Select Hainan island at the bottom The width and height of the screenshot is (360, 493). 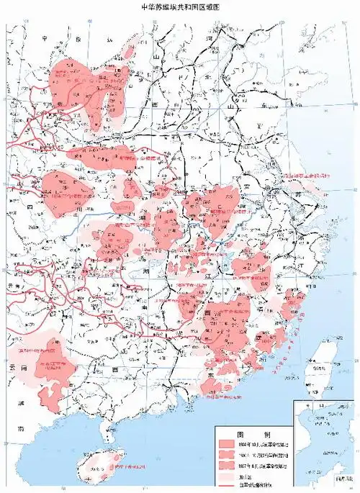tap(97, 471)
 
